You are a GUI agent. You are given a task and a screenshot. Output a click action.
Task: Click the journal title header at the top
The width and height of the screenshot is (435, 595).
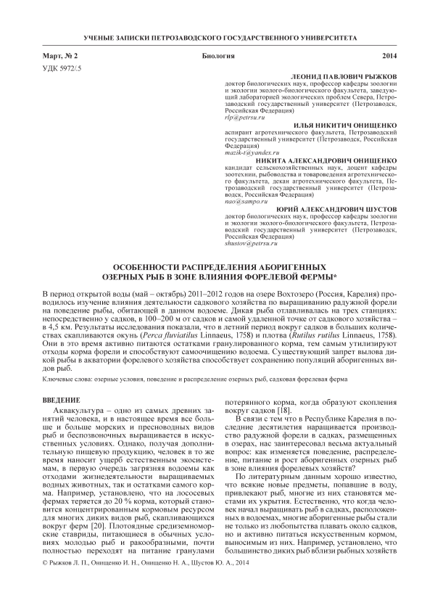pos(217,36)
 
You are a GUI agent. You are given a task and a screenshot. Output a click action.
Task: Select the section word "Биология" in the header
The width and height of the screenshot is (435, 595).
pos(217,55)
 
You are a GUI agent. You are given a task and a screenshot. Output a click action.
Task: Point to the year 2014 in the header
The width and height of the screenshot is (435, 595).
pos(389,55)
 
